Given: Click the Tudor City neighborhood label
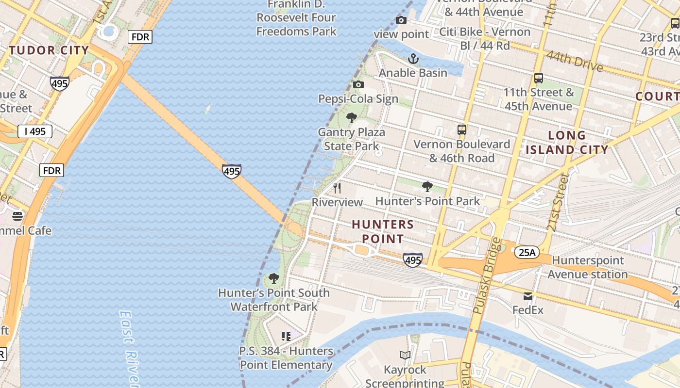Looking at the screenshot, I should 49,50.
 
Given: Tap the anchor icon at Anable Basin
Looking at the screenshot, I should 413,59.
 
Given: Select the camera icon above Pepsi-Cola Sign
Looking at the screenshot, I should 358,85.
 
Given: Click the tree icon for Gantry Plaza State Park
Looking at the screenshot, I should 351,118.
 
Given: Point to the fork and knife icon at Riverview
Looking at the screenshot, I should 337,188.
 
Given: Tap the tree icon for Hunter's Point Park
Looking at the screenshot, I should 427,187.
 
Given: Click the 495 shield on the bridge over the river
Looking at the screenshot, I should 232,171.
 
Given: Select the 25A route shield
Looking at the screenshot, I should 527,252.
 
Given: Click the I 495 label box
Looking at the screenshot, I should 35,131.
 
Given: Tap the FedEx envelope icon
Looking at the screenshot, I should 528,296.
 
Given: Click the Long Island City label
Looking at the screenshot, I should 567,143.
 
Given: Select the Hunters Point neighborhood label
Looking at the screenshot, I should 383,231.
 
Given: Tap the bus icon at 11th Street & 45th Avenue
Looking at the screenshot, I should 538,78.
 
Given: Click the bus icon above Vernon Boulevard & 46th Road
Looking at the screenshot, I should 461,130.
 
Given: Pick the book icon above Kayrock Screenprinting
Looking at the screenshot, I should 405,356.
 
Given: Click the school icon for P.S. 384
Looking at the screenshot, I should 286,336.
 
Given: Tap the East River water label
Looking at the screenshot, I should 128,347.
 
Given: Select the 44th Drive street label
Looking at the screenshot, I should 574,62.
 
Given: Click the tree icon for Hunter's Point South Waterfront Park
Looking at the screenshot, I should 274,278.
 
